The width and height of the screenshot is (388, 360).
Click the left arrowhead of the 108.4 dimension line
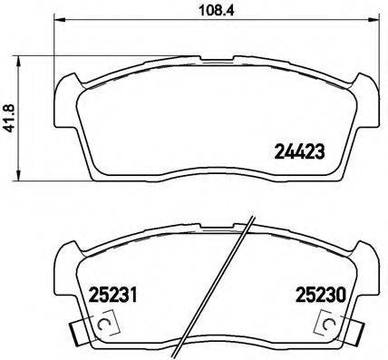pos(58,21)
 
